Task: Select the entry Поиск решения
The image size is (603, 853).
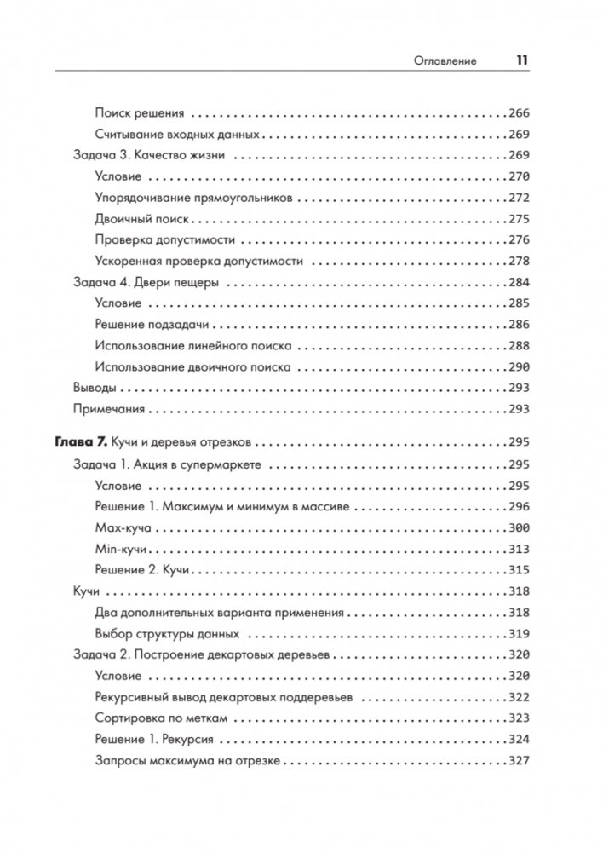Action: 135,112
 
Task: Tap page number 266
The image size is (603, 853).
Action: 518,112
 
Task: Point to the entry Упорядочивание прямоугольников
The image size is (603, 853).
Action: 194,198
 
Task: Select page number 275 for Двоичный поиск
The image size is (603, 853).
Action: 518,219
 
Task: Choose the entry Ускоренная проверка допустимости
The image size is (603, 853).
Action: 198,261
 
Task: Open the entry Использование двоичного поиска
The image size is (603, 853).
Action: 193,367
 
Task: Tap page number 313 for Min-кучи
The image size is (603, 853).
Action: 518,550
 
